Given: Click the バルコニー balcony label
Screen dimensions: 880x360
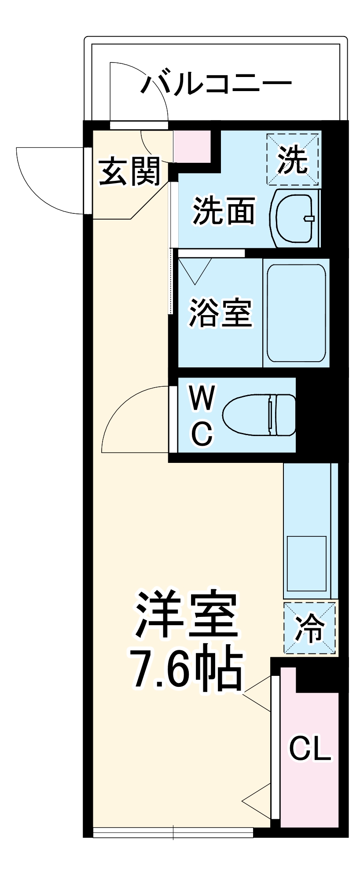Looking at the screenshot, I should (x=216, y=82).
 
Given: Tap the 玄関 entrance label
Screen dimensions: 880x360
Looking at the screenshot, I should (x=129, y=172).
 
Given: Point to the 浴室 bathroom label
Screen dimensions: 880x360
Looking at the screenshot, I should (x=220, y=313).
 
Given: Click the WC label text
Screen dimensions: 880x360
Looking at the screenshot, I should (x=202, y=415).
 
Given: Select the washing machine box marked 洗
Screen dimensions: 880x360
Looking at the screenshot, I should (x=293, y=159).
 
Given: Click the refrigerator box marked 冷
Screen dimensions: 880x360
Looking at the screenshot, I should (x=310, y=628).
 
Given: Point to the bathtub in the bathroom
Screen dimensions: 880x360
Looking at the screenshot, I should (x=296, y=313).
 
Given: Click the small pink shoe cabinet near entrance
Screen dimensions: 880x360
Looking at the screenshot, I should (x=192, y=146).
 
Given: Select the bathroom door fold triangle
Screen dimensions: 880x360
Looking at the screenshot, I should (x=195, y=269).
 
